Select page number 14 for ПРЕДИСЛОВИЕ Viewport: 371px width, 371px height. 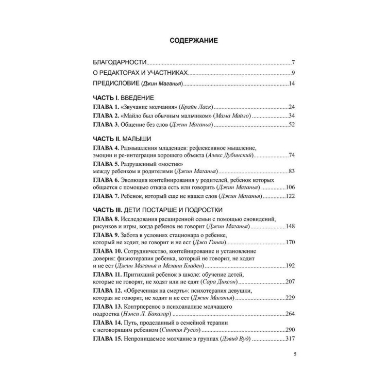pyautogui.click(x=291, y=84)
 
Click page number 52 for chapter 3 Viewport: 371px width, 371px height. pyautogui.click(x=290, y=124)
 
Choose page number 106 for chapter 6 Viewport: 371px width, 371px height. pyautogui.click(x=289, y=187)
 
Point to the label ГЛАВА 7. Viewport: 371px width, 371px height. pyautogui.click(x=108, y=196)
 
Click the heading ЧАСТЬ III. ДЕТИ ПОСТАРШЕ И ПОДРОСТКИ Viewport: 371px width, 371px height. pyautogui.click(x=158, y=210)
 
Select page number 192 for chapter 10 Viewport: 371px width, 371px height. pyautogui.click(x=289, y=266)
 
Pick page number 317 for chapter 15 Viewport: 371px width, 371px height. pyautogui.click(x=289, y=340)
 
